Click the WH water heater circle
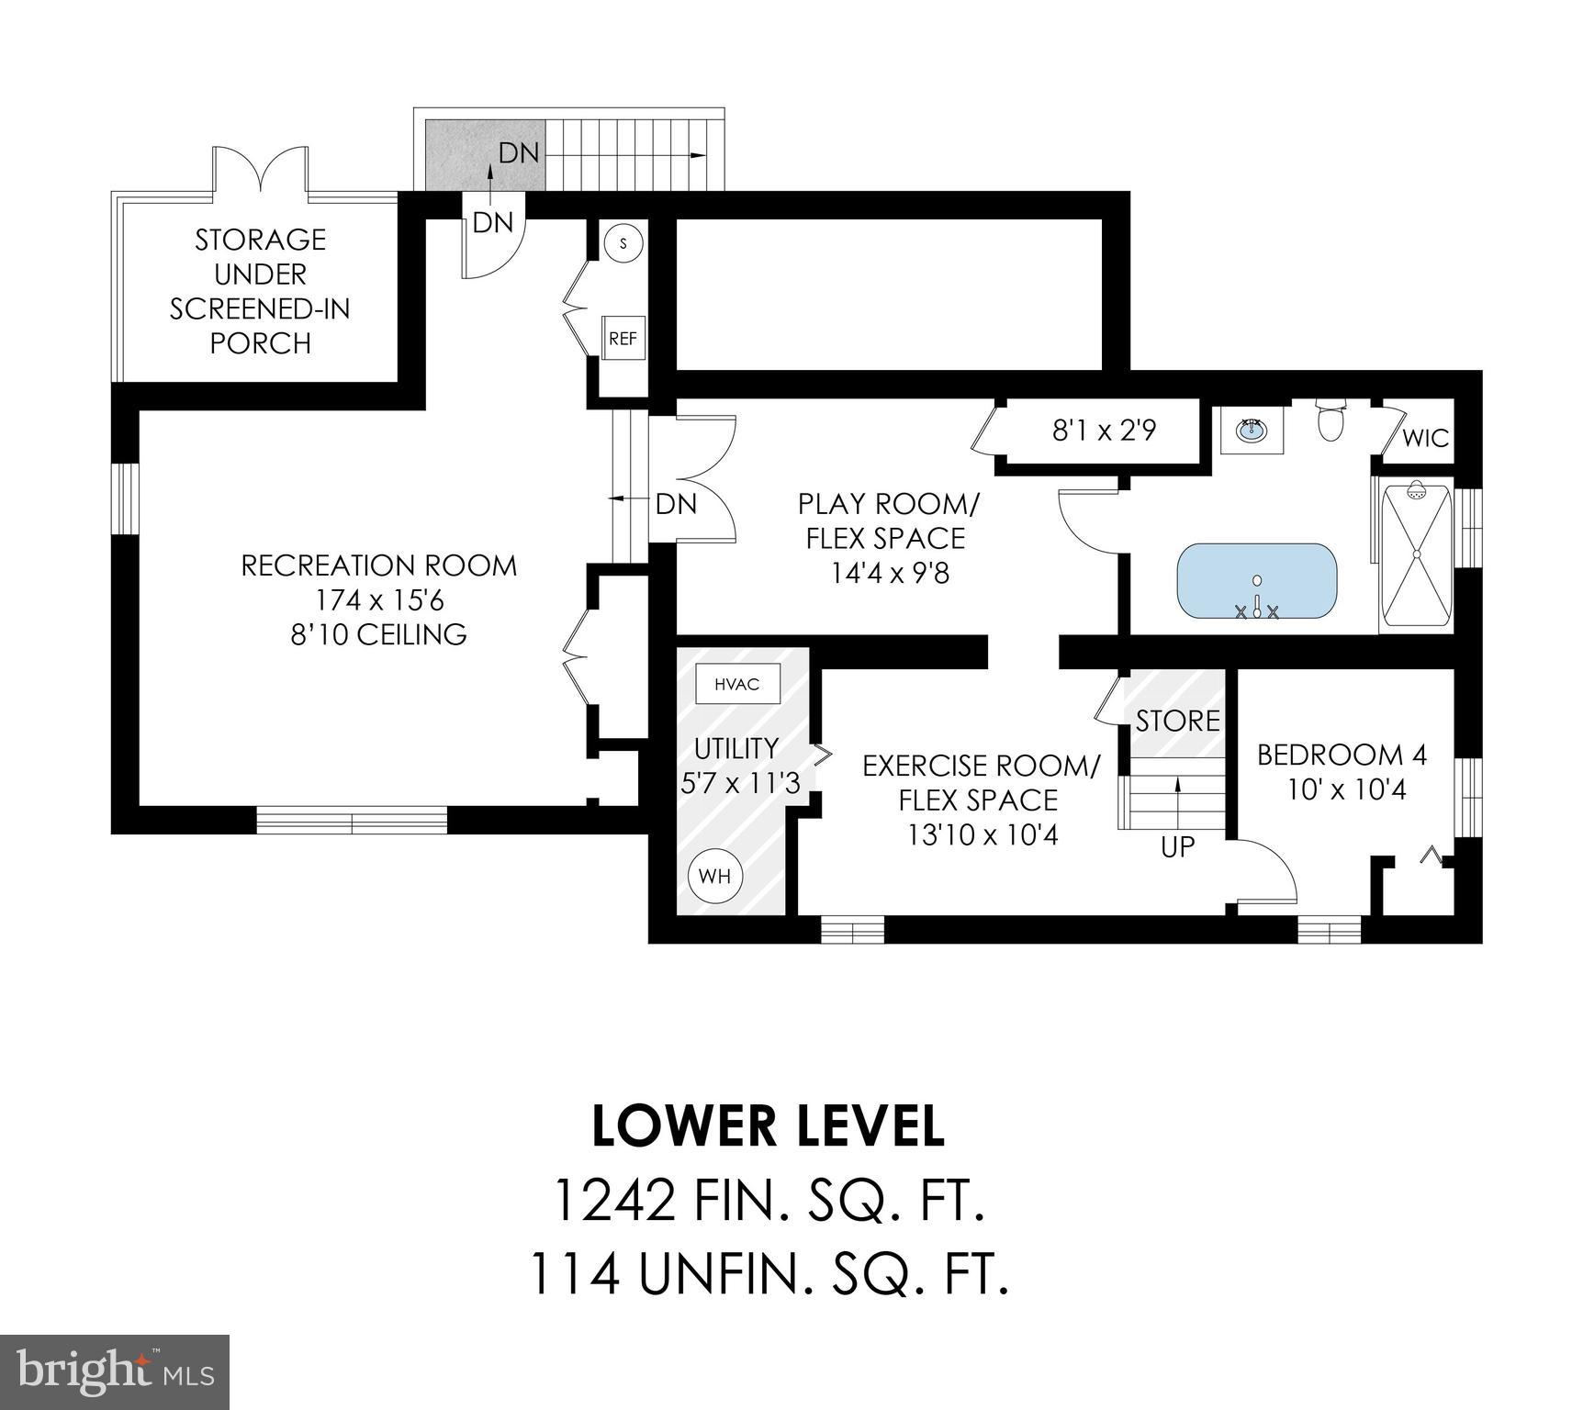coord(715,876)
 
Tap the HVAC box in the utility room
coord(738,685)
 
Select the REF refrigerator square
coord(623,338)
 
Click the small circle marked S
coord(624,243)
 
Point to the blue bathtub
coord(1257,582)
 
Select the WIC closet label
coord(1424,438)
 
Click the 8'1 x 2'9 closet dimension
coord(1104,430)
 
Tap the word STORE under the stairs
coord(1177,721)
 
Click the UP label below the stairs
coord(1177,847)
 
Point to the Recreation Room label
coord(379,565)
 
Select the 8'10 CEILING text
coord(379,634)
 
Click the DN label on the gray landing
coord(518,152)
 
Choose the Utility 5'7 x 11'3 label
coord(737,766)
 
